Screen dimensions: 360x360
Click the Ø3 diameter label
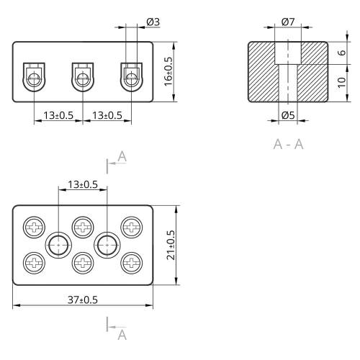click(153, 22)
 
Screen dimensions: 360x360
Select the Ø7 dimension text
click(288, 22)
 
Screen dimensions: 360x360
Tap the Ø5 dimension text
click(288, 115)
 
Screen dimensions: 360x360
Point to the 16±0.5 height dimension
click(168, 71)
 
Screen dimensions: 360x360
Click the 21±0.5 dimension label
click(171, 245)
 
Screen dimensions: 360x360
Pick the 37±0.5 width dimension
click(83, 300)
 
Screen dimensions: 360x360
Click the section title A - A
click(288, 144)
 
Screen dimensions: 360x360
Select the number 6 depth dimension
click(343, 53)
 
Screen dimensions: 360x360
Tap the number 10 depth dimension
click(342, 82)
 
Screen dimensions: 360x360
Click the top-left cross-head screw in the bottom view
click(34, 227)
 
